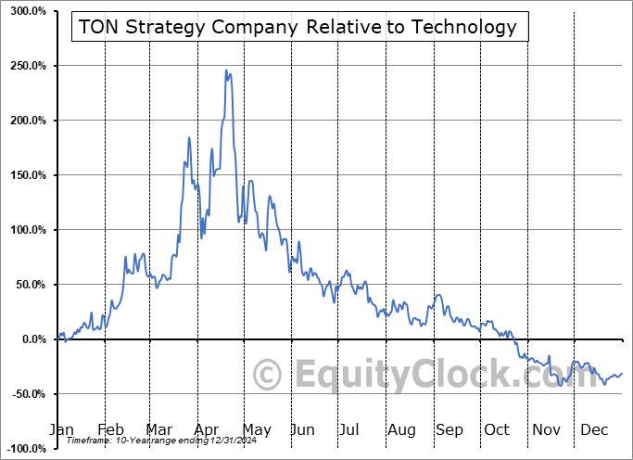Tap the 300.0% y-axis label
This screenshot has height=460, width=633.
(x=26, y=11)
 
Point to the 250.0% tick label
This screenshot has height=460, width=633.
(x=26, y=66)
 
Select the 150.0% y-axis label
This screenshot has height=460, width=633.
(x=26, y=175)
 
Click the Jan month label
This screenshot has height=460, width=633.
(x=60, y=429)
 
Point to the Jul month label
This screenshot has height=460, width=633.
(x=350, y=429)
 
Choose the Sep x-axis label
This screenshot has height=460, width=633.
(x=449, y=429)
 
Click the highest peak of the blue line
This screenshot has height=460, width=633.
(x=227, y=70)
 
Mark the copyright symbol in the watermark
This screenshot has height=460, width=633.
(x=268, y=375)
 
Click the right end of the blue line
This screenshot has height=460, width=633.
(x=621, y=374)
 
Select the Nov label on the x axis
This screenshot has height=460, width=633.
(x=548, y=429)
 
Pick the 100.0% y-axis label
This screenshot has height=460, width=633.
(x=26, y=230)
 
